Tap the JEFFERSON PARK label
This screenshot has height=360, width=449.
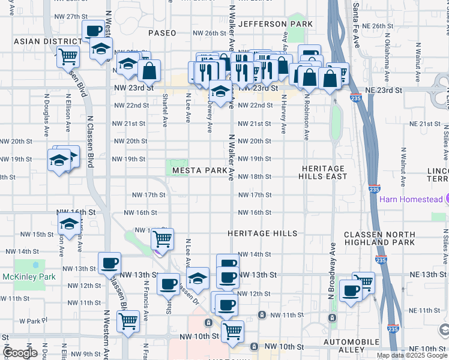click(x=276, y=24)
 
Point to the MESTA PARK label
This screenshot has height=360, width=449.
click(x=200, y=171)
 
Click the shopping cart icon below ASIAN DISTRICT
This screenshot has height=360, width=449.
click(x=68, y=56)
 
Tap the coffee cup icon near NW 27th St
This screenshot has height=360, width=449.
click(x=93, y=31)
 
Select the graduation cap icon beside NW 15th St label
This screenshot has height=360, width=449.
click(x=69, y=225)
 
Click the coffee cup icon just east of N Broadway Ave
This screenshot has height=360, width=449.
click(x=350, y=290)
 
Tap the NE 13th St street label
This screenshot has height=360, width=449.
click(x=424, y=274)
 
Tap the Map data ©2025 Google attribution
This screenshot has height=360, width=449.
click(x=411, y=355)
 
